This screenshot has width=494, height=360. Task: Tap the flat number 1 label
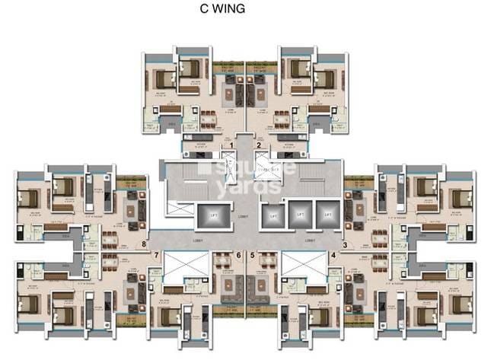click(232, 144)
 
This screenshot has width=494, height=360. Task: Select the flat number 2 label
click(259, 144)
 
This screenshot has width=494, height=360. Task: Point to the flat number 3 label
click(344, 244)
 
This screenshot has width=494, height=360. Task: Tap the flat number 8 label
click(145, 244)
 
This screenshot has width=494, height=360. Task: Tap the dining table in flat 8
click(111, 242)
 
